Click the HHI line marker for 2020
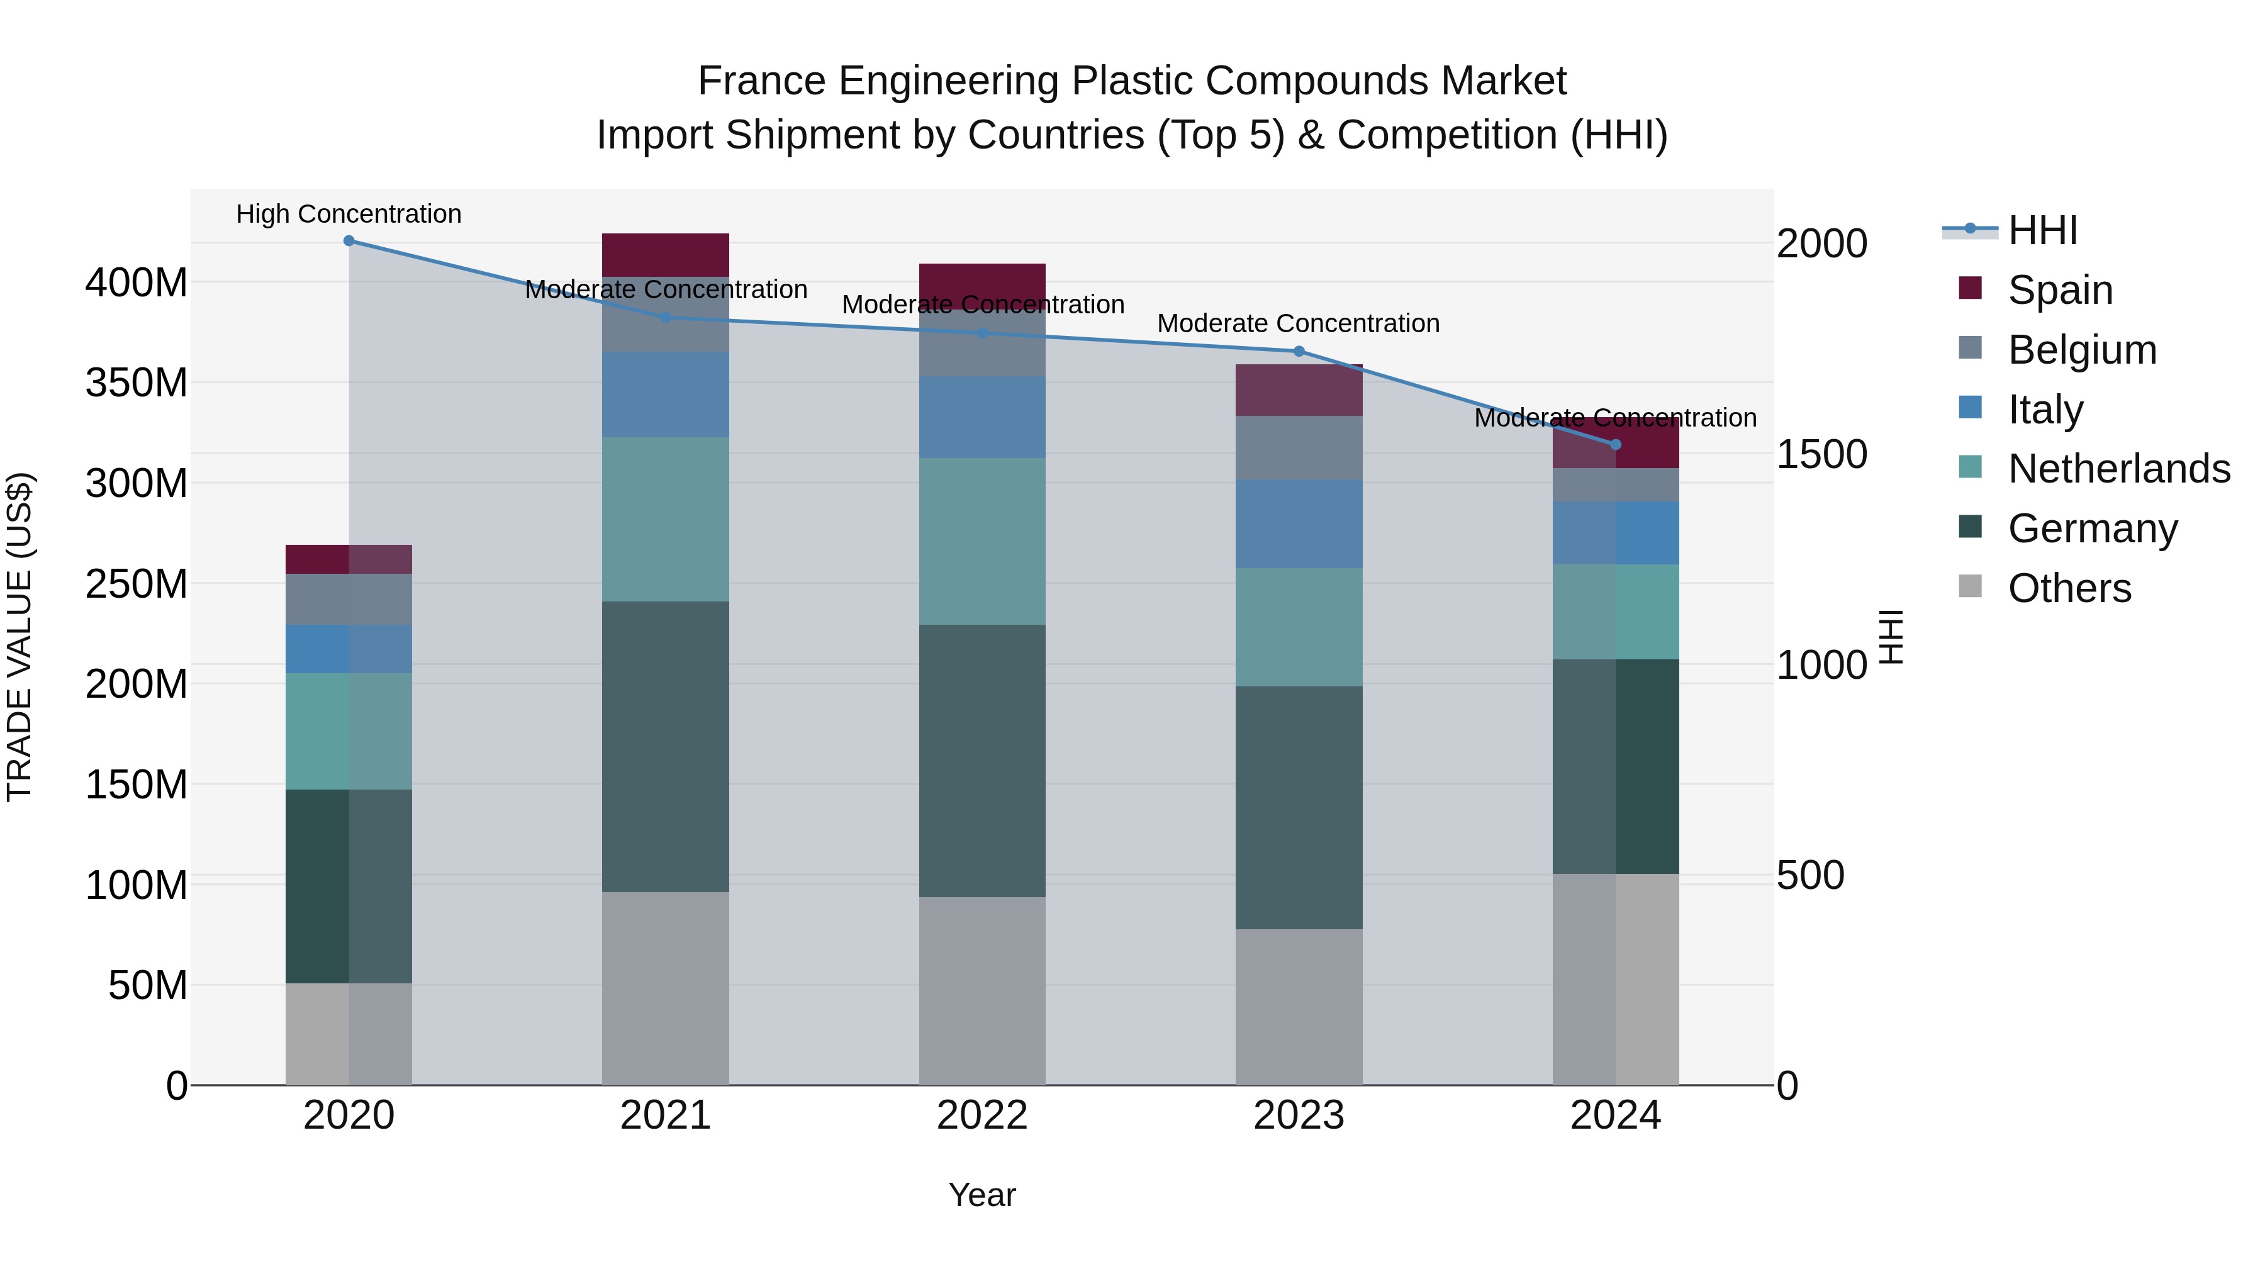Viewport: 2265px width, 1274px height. (349, 241)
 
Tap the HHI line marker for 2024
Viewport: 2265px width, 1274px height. (1615, 445)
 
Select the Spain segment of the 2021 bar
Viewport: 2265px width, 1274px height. (666, 255)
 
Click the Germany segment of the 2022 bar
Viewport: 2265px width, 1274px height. (982, 761)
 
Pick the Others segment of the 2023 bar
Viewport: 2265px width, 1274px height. (1299, 1007)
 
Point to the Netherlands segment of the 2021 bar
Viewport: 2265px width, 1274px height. (666, 519)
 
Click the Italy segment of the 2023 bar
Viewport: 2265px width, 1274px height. (1299, 524)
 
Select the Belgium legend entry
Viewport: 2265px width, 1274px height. (2081, 350)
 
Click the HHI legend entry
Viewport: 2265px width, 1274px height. (2042, 230)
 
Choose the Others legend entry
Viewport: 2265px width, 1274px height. (2069, 588)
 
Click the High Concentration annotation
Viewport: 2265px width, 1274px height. (349, 214)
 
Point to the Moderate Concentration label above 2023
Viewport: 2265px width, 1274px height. (1298, 323)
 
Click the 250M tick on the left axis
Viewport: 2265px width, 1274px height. (137, 584)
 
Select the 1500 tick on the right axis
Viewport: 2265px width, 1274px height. (1821, 455)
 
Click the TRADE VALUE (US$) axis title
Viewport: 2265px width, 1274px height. (20, 637)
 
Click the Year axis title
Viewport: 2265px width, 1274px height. (982, 1195)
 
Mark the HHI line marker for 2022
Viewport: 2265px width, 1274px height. (982, 333)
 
